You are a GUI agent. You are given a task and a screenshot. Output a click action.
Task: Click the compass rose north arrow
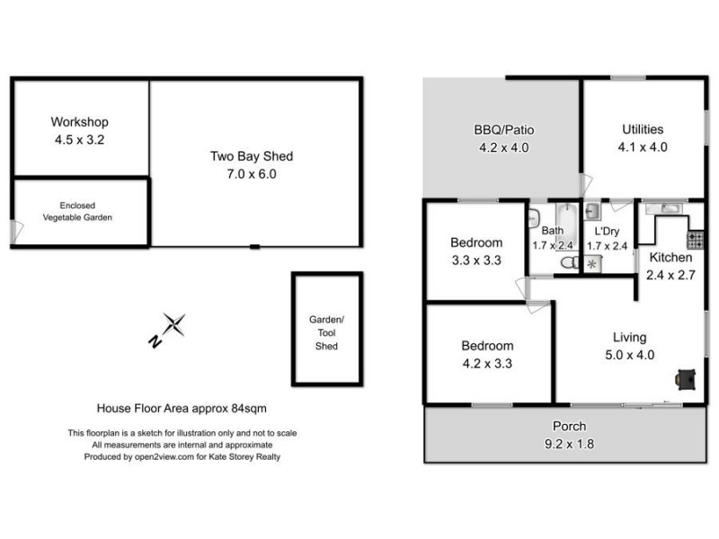(x=171, y=328)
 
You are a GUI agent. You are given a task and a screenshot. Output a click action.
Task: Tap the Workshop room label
(x=79, y=122)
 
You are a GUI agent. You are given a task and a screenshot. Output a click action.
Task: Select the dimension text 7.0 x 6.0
(x=251, y=173)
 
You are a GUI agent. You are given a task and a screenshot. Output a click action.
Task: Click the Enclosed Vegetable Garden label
(x=78, y=211)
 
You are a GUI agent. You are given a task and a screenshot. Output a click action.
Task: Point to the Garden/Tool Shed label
(x=326, y=332)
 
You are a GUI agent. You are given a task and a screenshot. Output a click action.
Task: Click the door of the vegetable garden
(x=16, y=232)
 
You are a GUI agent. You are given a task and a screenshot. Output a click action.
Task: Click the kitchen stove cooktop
(x=695, y=240)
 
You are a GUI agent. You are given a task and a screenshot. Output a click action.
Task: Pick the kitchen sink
(x=670, y=209)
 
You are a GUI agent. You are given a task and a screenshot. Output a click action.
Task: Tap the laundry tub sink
(x=593, y=212)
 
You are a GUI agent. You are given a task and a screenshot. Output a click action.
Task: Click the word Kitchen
(x=670, y=258)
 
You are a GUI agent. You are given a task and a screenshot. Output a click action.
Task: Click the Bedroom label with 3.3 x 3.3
(x=476, y=243)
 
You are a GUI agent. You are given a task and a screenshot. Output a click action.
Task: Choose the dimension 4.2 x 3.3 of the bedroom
(x=487, y=364)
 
